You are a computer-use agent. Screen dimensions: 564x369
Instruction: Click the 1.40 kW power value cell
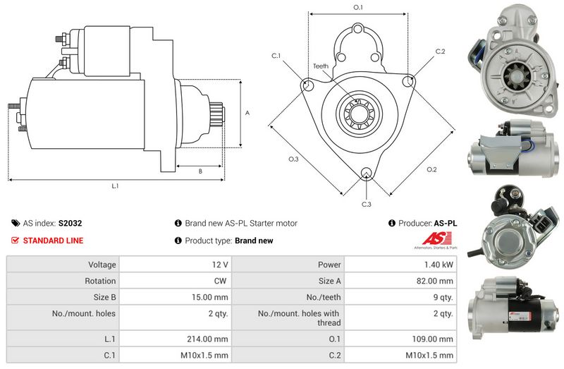439,265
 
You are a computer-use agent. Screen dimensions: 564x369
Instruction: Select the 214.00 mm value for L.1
207,339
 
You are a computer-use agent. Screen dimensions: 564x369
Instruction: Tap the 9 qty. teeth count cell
443,297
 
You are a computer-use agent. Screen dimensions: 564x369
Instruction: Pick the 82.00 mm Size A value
434,281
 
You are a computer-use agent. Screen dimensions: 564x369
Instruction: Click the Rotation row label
100,281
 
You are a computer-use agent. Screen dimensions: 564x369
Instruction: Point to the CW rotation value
220,281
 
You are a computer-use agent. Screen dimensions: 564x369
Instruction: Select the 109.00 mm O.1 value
432,339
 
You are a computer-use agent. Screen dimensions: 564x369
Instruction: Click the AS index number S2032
70,223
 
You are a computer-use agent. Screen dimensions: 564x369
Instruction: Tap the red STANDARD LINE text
54,241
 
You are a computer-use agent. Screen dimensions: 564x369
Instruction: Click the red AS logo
436,238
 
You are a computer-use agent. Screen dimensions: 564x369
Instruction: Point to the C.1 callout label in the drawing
276,56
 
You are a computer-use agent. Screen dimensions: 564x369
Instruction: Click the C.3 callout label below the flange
366,204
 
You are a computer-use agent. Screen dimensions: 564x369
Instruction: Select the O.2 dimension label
431,169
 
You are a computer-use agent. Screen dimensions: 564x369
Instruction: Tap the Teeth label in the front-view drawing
321,66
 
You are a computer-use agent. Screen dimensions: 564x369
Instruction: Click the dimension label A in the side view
247,113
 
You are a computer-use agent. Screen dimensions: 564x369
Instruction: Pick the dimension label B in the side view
200,171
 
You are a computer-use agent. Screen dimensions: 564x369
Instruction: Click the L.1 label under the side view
115,186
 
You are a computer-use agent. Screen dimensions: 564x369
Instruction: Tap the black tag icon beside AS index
16,223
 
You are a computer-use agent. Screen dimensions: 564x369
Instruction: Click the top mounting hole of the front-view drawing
357,29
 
